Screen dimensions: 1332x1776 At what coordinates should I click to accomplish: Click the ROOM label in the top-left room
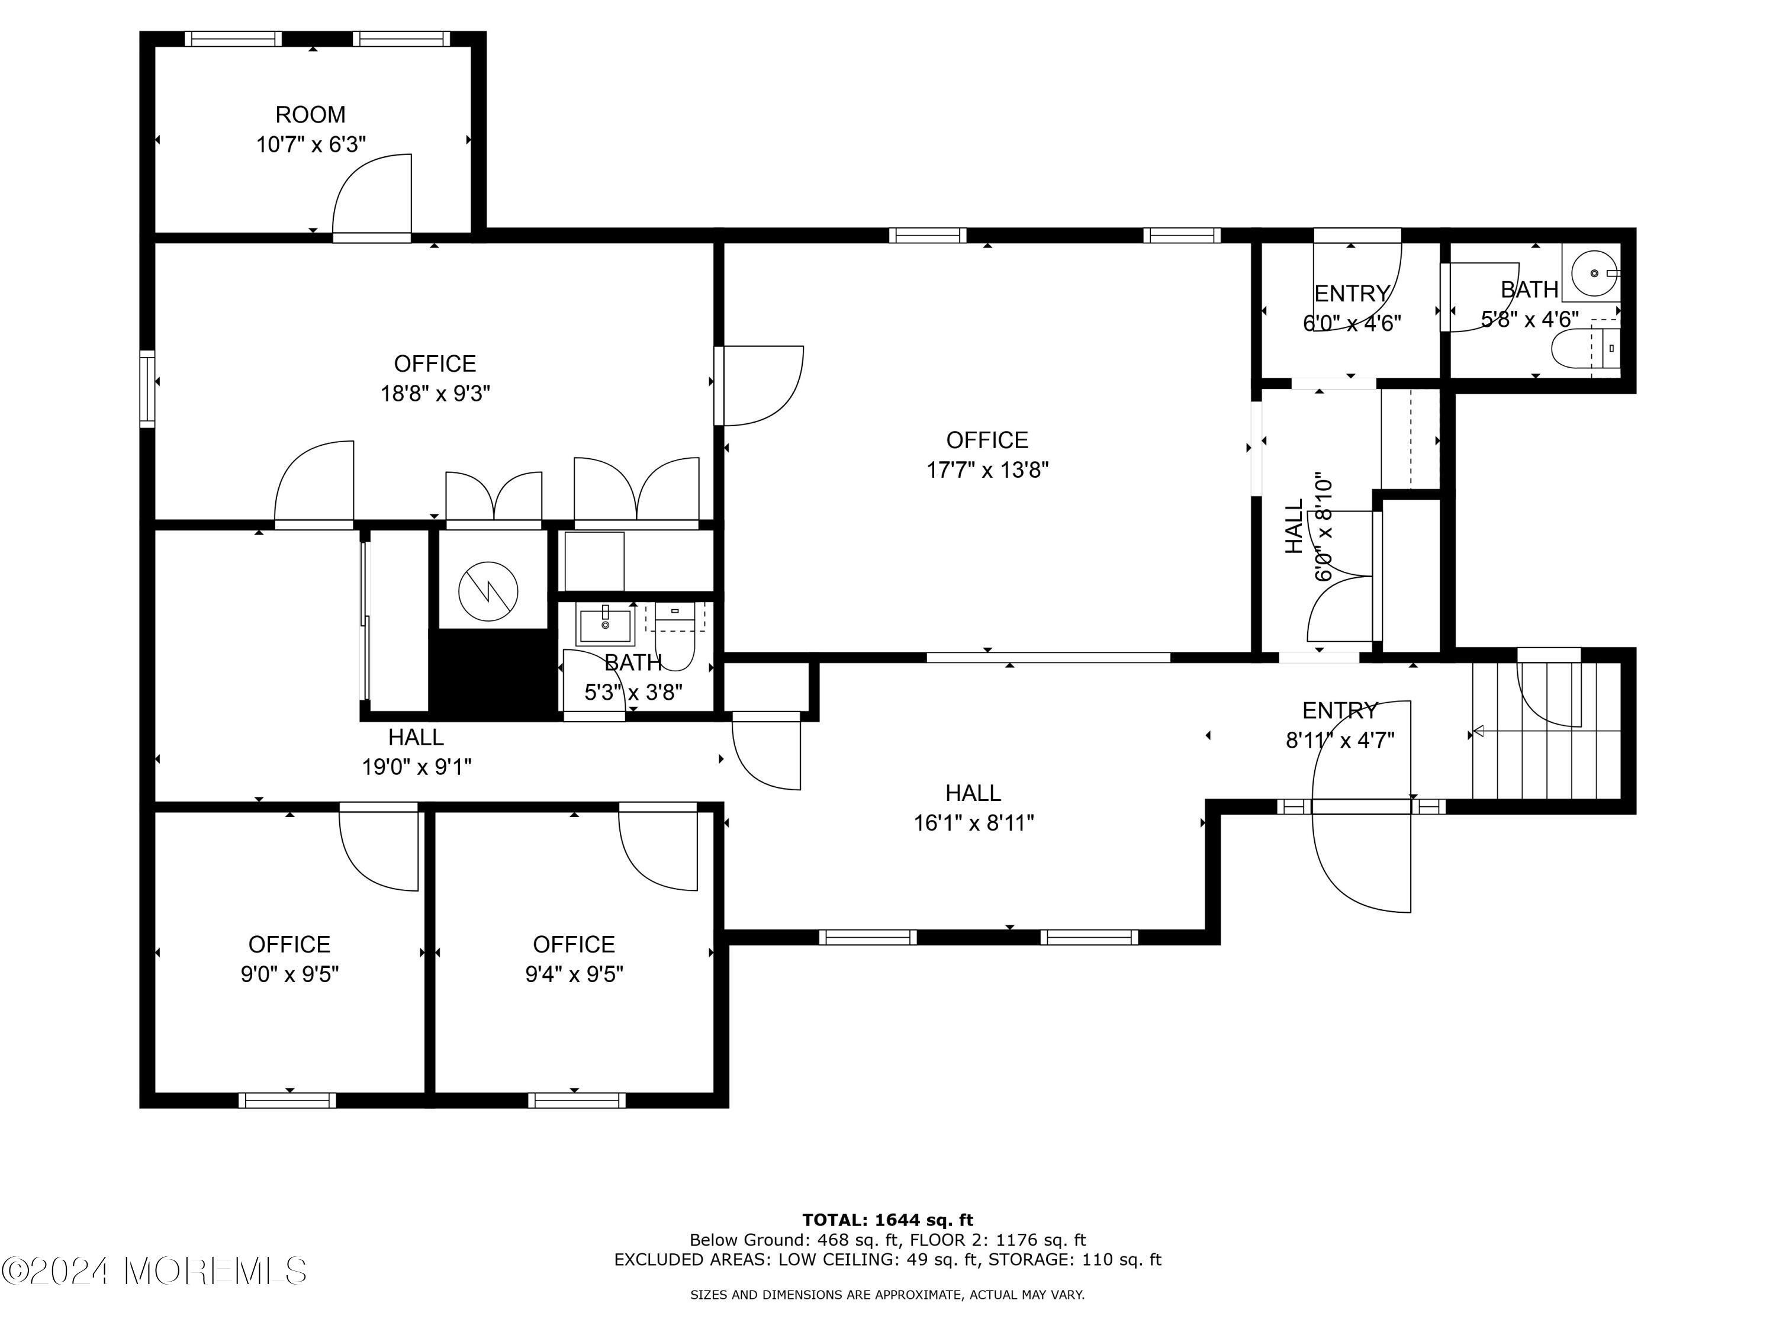pyautogui.click(x=310, y=115)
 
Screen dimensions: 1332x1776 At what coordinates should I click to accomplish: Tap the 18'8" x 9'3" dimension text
pyautogui.click(x=435, y=394)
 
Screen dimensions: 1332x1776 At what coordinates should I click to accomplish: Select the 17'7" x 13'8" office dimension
pyautogui.click(x=987, y=469)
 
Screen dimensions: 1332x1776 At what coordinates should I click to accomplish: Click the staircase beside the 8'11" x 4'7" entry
pyautogui.click(x=1546, y=731)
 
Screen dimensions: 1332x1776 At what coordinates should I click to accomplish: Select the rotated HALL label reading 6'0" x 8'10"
pyautogui.click(x=1309, y=527)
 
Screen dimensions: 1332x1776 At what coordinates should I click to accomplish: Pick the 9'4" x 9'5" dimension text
pyautogui.click(x=574, y=974)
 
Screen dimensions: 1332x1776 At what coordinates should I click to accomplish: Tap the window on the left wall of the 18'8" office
pyautogui.click(x=147, y=388)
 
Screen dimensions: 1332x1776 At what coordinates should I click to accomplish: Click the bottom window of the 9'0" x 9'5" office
pyautogui.click(x=288, y=1100)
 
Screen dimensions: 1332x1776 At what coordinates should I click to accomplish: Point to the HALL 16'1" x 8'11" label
pyautogui.click(x=973, y=807)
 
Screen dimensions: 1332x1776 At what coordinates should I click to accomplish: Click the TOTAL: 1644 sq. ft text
pyautogui.click(x=887, y=1220)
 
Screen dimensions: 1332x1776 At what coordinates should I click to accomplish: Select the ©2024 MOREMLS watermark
pyautogui.click(x=154, y=1271)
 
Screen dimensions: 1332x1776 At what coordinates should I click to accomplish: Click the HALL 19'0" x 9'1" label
pyautogui.click(x=416, y=751)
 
